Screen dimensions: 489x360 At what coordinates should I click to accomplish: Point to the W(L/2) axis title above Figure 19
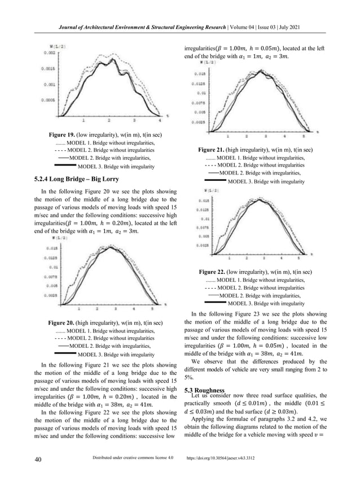point(54,45)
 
